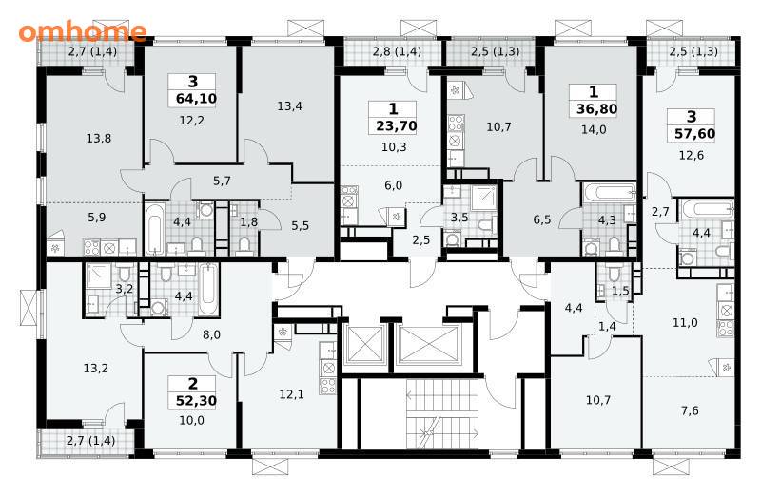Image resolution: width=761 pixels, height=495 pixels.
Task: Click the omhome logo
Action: [83, 31]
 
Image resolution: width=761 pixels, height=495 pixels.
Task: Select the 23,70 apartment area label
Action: [397, 126]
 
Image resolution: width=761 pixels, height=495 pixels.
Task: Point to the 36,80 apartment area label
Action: [597, 108]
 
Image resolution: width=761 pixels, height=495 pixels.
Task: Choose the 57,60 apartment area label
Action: [695, 133]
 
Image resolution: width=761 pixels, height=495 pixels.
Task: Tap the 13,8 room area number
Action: [99, 139]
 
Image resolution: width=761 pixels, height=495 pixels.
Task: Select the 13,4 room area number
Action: [290, 106]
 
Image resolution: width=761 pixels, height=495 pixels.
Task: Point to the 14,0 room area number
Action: [593, 129]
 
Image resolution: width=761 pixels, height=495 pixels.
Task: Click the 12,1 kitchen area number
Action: [292, 394]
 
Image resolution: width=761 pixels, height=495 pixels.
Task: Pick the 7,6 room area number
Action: [690, 411]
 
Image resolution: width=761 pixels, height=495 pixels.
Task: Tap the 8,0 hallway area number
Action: [211, 334]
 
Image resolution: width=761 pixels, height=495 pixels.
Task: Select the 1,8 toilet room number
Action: [249, 222]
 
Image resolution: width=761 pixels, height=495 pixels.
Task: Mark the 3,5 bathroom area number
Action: [459, 218]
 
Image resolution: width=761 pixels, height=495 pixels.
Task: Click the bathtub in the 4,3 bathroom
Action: [609, 192]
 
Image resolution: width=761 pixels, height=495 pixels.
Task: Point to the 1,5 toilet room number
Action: [620, 291]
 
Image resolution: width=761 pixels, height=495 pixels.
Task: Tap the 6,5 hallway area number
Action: [542, 219]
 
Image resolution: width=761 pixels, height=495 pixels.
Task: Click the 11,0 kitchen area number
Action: [685, 322]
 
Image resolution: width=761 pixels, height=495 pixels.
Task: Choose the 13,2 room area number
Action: [96, 369]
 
